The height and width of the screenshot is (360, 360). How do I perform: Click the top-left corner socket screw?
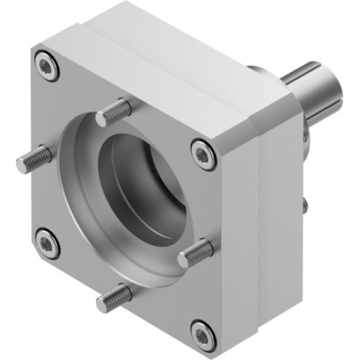coord(47,68)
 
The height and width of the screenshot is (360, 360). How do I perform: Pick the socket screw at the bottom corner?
coord(201,332)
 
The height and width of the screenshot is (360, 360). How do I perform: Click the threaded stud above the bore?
coord(113,112)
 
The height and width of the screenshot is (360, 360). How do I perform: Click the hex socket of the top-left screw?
coord(47,68)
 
